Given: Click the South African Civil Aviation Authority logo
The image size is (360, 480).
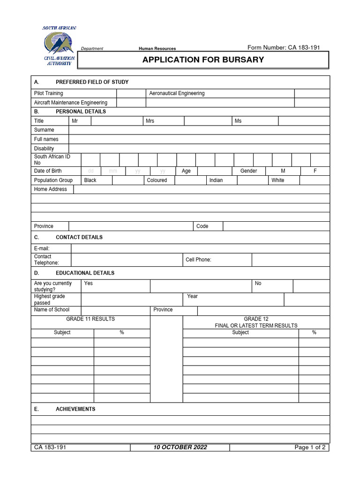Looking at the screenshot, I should click(x=59, y=46).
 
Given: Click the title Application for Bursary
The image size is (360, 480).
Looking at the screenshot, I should click(x=203, y=60).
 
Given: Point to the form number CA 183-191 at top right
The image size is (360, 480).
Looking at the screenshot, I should click(x=284, y=48).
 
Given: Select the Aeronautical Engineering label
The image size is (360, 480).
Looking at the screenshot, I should click(x=177, y=93).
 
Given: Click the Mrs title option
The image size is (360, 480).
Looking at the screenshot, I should click(x=150, y=121).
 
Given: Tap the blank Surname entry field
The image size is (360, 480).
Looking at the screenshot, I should click(x=199, y=130).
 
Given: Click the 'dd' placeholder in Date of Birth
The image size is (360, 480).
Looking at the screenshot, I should click(x=91, y=171).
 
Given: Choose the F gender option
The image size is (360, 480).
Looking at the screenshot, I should click(x=315, y=171).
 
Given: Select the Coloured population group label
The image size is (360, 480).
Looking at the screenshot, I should click(x=157, y=180).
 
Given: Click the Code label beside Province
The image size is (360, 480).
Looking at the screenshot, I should click(x=202, y=226).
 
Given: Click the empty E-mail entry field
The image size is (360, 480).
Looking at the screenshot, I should click(x=200, y=248).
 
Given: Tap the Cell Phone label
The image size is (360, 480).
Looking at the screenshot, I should click(x=198, y=260).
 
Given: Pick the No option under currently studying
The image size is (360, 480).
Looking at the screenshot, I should click(x=258, y=284).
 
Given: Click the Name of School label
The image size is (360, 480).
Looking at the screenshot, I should click(x=52, y=309).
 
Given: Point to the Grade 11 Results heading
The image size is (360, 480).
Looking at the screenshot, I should click(x=90, y=319).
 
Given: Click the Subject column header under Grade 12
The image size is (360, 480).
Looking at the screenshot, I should click(x=240, y=332).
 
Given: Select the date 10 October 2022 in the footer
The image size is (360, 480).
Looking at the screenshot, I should click(x=180, y=447).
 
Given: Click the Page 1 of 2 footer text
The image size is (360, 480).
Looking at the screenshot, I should click(x=310, y=447).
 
